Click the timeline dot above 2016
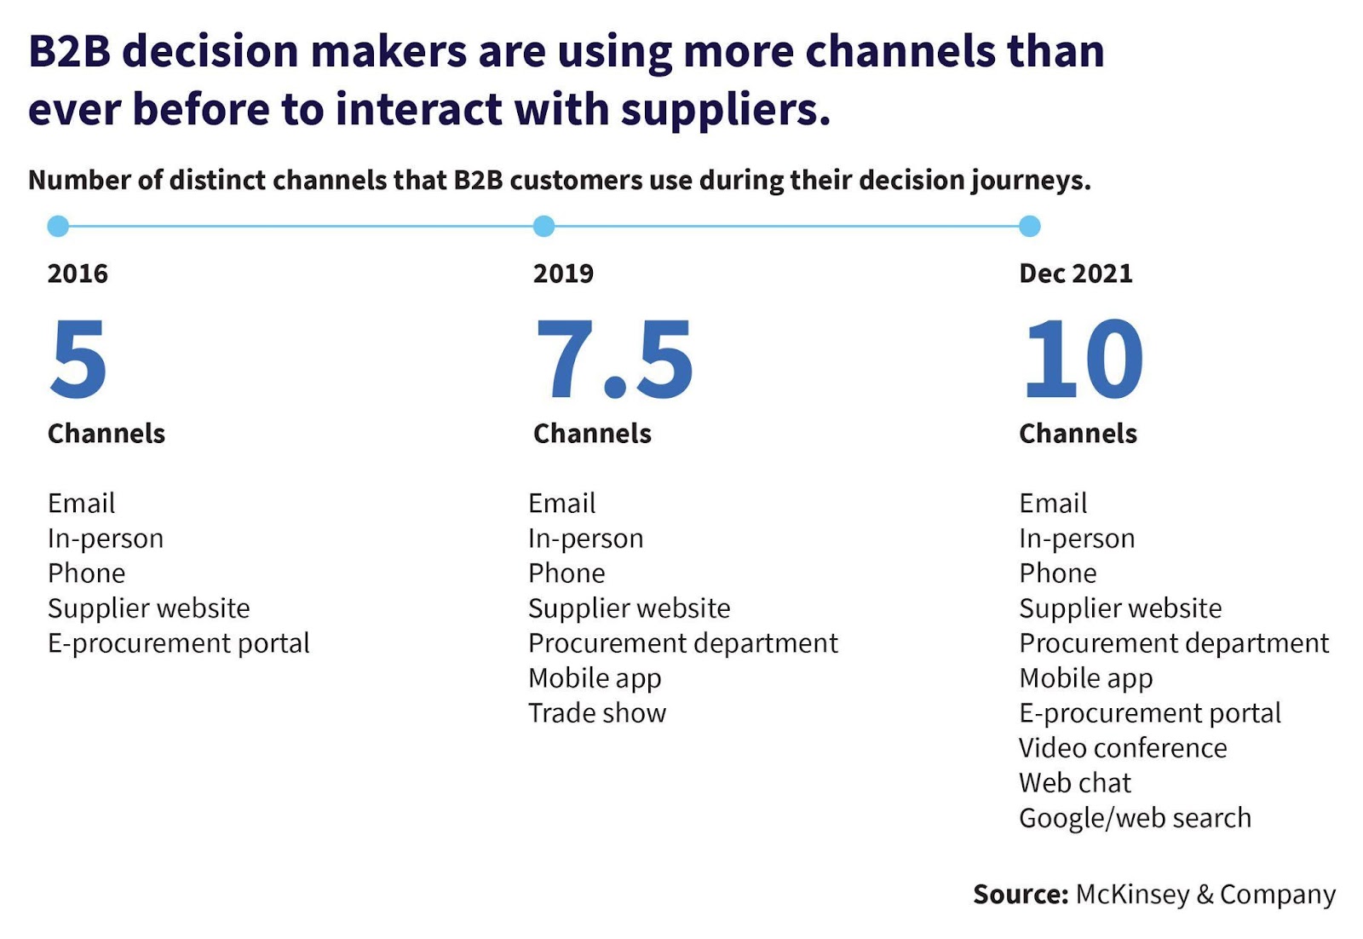pos(58,226)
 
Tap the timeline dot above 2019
pos(543,226)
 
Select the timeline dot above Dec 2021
pos(1030,226)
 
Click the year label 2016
pos(78,274)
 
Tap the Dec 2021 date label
pos(1076,274)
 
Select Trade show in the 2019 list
pos(597,712)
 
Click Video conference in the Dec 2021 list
pos(1123,748)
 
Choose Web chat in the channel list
pos(1075,782)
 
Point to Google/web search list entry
pos(1135,819)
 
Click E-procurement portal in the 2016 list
pos(179,644)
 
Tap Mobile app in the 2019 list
pos(595,678)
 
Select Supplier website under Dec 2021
pos(1120,608)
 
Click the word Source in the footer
pos(1021,894)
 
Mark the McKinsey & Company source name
pos(1205,895)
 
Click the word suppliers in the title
pos(725,110)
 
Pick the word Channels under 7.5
pos(592,434)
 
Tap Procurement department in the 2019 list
pos(682,644)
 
